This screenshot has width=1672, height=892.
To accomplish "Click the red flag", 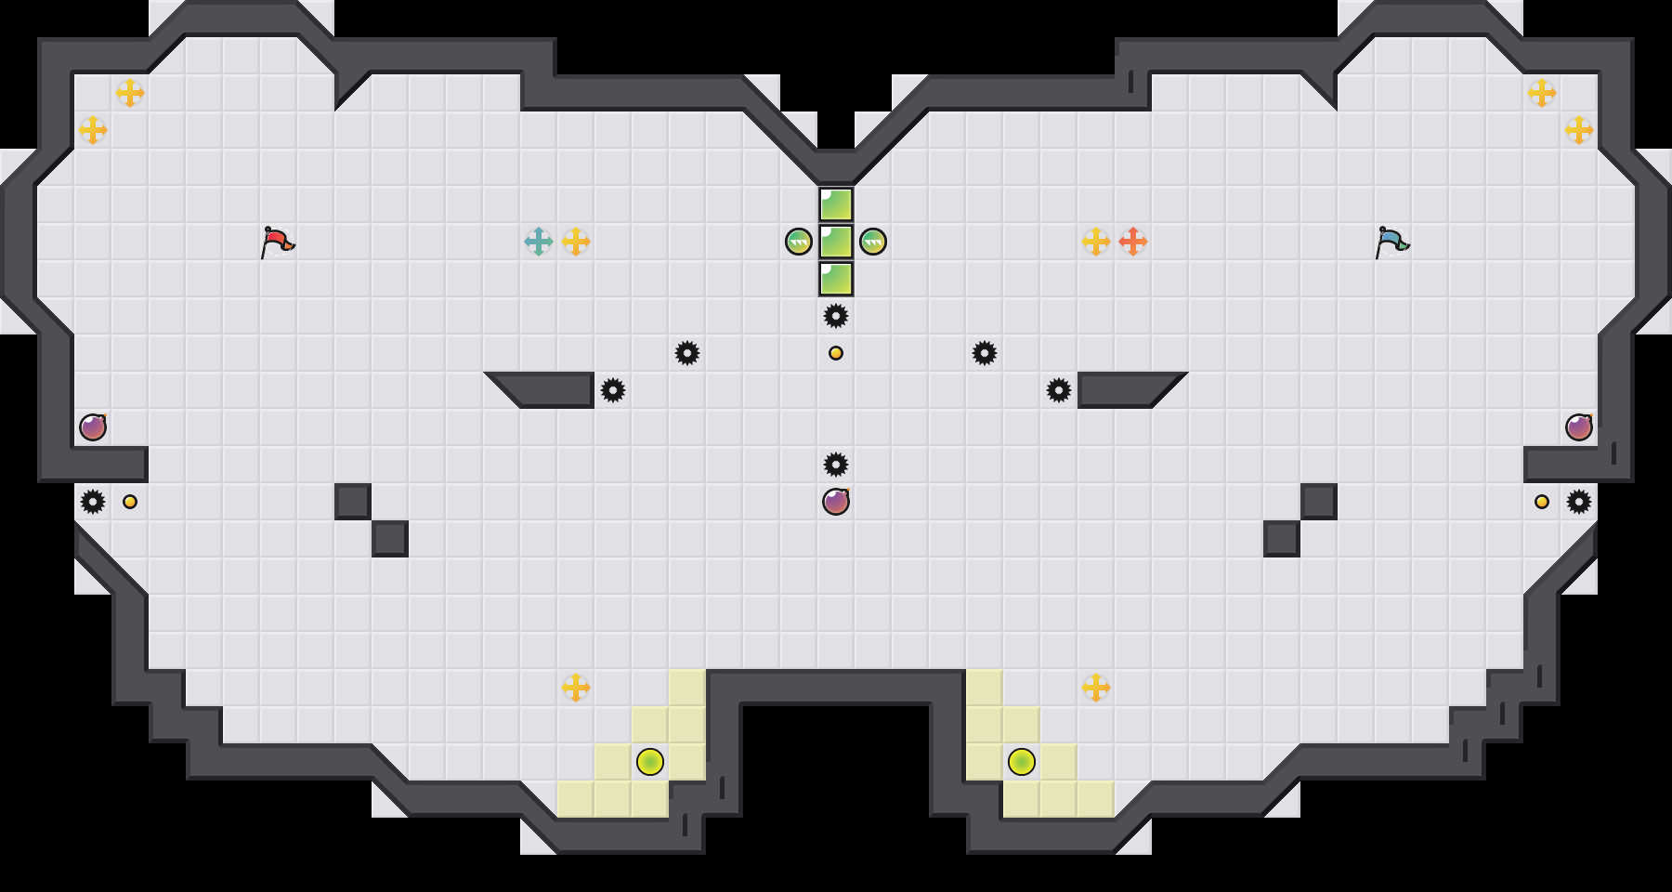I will point(277,242).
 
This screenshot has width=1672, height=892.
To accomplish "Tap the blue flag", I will point(1391,242).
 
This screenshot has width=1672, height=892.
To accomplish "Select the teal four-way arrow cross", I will point(539,242).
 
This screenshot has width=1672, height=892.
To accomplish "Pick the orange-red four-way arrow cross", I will point(1133,242).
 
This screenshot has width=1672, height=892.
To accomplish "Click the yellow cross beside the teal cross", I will point(576,242).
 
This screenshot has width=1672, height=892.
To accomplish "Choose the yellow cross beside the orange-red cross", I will point(1096,242).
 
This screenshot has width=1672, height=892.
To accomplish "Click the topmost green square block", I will point(836,204).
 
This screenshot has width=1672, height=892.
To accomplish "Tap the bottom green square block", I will point(836,279).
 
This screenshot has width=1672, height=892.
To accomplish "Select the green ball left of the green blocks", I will point(799,242).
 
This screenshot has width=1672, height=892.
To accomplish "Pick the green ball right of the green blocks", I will point(873,242).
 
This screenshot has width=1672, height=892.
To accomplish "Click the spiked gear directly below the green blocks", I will point(836,316).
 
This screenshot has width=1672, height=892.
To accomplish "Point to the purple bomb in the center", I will point(836,502).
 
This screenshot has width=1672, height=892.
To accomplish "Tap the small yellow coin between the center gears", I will point(836,353).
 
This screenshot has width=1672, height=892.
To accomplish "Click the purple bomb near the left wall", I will point(93,427).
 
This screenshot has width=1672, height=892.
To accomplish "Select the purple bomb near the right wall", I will point(1579,427).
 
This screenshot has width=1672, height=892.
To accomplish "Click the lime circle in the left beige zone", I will point(650,762).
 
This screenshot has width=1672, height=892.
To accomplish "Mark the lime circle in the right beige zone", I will point(1022,762).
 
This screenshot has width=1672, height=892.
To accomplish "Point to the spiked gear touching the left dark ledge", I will point(613,390).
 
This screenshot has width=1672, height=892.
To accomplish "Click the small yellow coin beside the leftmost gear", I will point(130,502).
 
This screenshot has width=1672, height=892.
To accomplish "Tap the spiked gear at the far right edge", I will point(1579,502).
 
